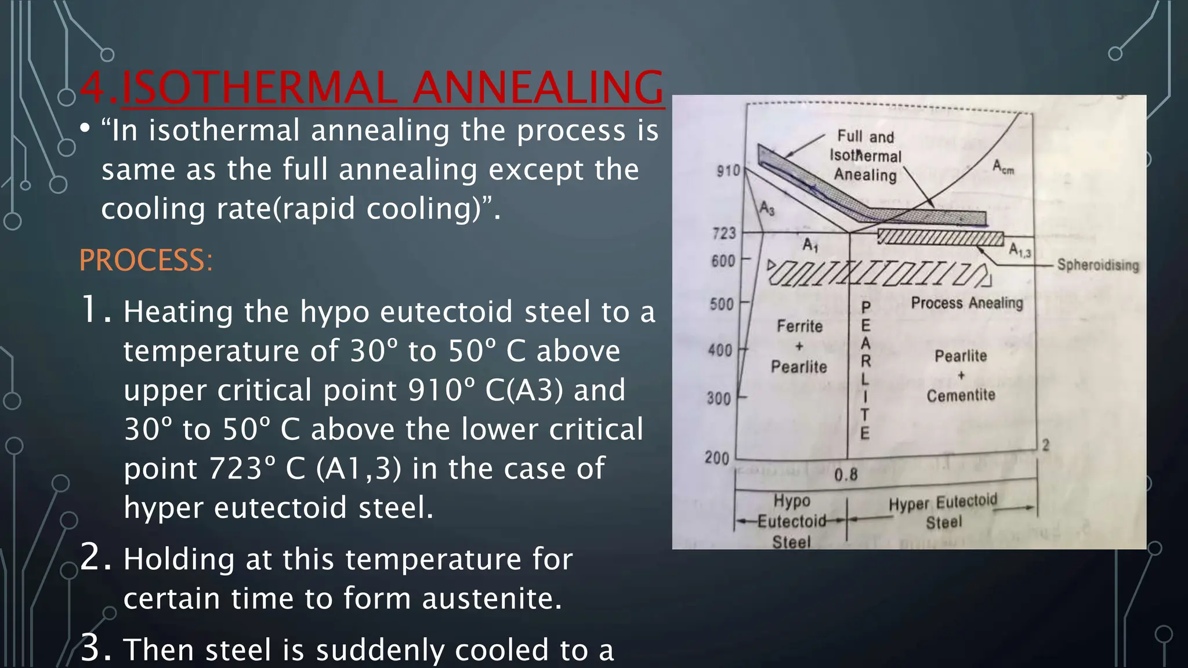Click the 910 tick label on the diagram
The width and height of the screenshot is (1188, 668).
[728, 171]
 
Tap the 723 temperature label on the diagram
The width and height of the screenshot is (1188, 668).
[724, 234]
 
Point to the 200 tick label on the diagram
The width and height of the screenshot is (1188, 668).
[717, 458]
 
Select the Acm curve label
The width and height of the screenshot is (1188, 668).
[1003, 167]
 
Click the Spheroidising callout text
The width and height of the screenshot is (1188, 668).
[1098, 265]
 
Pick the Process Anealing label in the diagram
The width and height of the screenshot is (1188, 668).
[967, 303]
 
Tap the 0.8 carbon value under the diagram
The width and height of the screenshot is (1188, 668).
[846, 475]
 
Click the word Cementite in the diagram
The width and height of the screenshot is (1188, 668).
[961, 395]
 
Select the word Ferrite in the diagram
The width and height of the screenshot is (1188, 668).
[799, 326]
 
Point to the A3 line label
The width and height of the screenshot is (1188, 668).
[767, 208]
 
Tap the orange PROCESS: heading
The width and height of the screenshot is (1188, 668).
[146, 260]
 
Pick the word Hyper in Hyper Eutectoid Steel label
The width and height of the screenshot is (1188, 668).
[908, 504]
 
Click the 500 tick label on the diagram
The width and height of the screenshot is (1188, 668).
[722, 304]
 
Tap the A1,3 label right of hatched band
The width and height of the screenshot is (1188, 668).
[1020, 250]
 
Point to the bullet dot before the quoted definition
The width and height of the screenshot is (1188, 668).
[85, 129]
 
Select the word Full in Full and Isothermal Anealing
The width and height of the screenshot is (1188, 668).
[850, 136]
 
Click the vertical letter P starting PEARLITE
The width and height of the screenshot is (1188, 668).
[865, 307]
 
